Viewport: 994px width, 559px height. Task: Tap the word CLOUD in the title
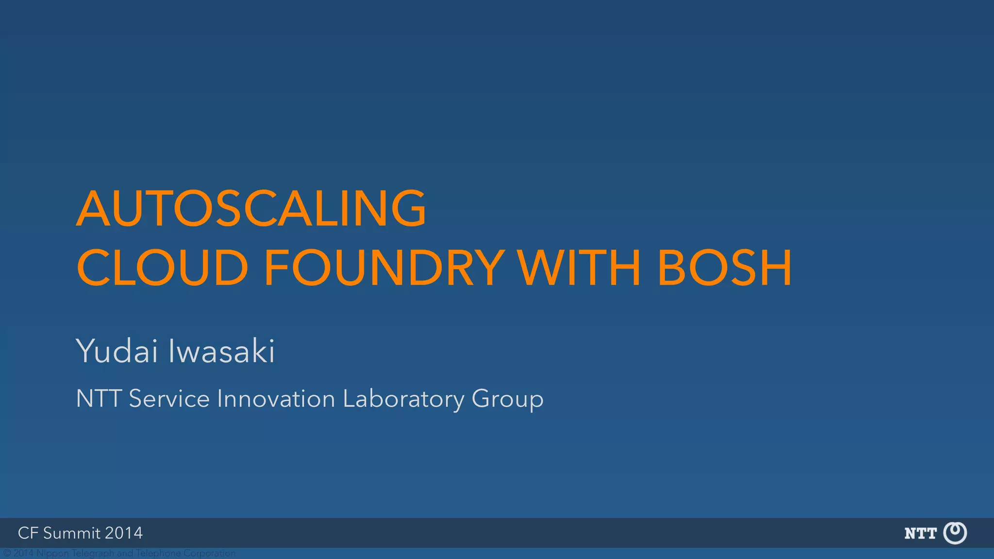pyautogui.click(x=163, y=268)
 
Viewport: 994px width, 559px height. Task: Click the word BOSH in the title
pyautogui.click(x=725, y=268)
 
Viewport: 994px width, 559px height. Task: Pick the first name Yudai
pyautogui.click(x=117, y=351)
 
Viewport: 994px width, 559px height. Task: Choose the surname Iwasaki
pyautogui.click(x=221, y=351)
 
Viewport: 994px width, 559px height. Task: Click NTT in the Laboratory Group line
pyautogui.click(x=99, y=399)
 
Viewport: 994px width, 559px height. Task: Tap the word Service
pyautogui.click(x=169, y=399)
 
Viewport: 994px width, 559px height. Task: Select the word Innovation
pyautogui.click(x=276, y=399)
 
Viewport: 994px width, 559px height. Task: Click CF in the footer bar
pyautogui.click(x=28, y=533)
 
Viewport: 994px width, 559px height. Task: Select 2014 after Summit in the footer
pyautogui.click(x=124, y=533)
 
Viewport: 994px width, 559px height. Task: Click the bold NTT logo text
pyautogui.click(x=920, y=534)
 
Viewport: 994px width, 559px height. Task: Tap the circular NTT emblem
pyautogui.click(x=955, y=533)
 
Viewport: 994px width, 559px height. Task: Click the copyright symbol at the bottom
pyautogui.click(x=7, y=553)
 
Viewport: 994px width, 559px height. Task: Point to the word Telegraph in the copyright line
pyautogui.click(x=93, y=553)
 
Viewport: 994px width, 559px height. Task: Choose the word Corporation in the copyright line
pyautogui.click(x=209, y=553)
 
